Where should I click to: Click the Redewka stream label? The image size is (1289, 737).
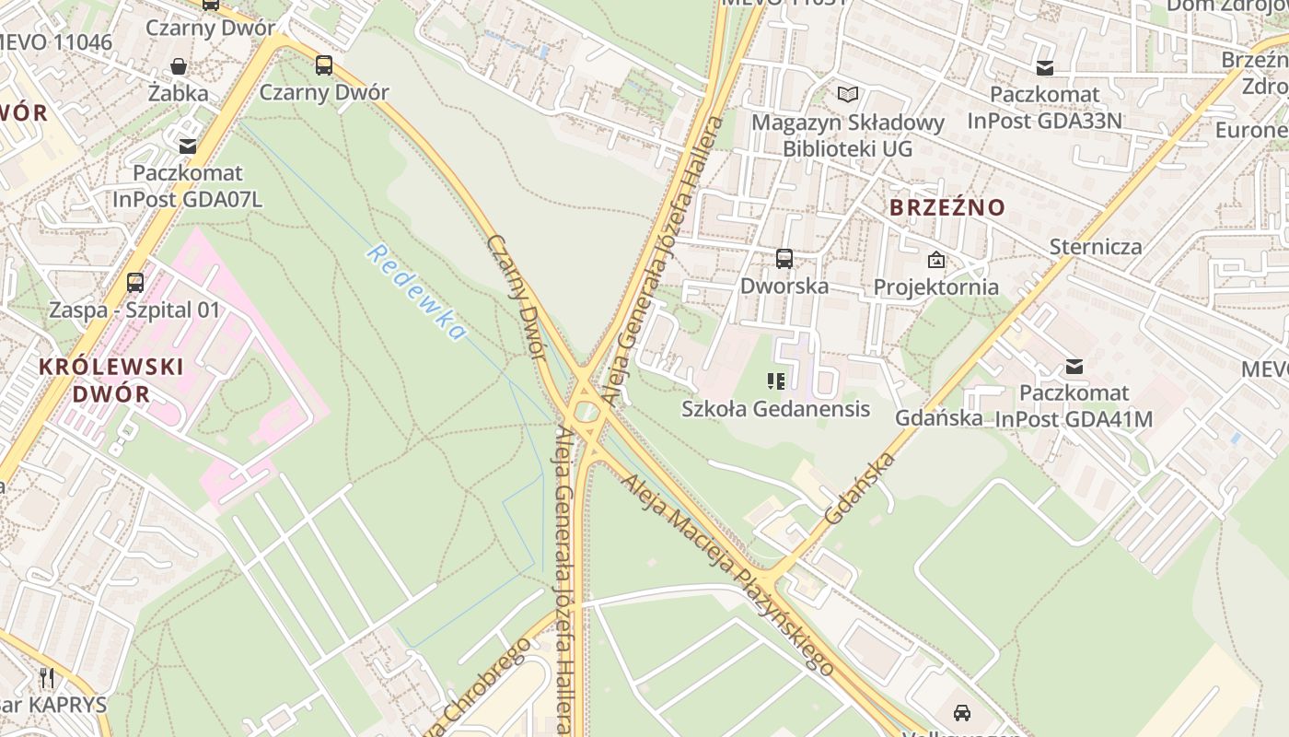[415, 292]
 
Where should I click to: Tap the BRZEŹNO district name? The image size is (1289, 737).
[947, 207]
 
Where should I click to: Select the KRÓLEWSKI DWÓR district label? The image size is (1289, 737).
[110, 380]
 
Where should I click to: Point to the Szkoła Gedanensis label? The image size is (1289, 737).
[775, 408]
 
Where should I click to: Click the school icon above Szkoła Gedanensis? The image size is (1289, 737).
[775, 380]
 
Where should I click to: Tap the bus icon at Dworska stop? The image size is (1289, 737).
[784, 259]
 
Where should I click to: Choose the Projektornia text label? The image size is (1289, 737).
[935, 287]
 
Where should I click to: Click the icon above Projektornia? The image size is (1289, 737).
[936, 260]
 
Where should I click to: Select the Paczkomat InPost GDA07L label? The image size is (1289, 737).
[188, 186]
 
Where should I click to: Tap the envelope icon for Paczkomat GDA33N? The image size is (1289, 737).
[1044, 67]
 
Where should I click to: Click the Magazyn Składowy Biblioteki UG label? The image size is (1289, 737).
[848, 135]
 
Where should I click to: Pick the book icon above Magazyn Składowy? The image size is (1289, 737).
[847, 94]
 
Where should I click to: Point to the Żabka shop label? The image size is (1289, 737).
[179, 93]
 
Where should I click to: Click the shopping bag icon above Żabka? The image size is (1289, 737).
[179, 66]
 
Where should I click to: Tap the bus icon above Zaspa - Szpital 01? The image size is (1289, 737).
[135, 283]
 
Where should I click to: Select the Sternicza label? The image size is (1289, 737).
[1096, 247]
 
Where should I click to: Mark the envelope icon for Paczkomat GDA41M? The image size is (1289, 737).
[1074, 366]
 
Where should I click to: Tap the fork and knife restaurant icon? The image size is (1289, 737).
[47, 678]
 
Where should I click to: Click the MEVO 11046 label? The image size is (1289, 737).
[55, 42]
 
